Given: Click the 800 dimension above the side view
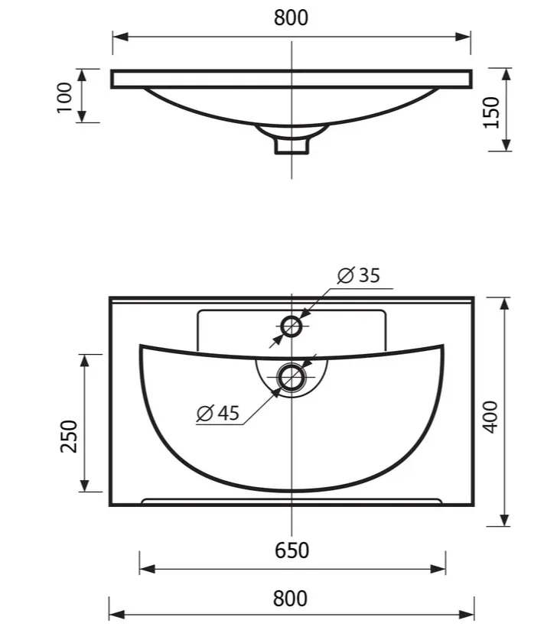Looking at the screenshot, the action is click(x=291, y=18).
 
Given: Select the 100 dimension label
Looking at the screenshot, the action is click(x=64, y=97).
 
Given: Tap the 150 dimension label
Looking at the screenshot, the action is click(x=491, y=112).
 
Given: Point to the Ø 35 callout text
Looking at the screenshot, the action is click(x=359, y=275).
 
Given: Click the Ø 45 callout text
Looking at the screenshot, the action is click(x=218, y=413).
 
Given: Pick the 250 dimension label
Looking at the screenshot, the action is click(x=69, y=437).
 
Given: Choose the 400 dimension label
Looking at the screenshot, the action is click(x=490, y=417).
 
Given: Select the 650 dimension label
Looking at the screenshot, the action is click(x=292, y=550).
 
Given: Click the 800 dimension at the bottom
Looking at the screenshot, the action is click(x=290, y=599).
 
